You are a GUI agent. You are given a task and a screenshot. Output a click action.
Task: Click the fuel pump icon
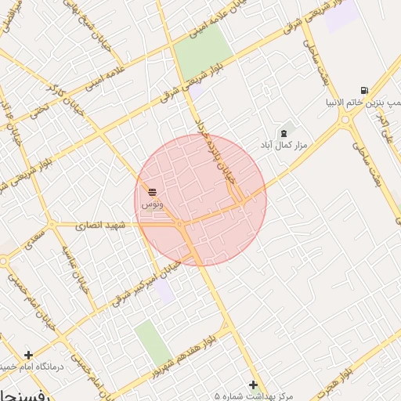[x=364, y=90]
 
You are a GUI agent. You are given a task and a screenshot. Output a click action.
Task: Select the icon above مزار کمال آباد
[x=283, y=132]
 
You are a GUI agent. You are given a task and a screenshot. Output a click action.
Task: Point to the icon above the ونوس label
[x=151, y=191]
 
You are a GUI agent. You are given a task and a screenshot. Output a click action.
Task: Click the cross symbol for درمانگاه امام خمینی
[x=28, y=355]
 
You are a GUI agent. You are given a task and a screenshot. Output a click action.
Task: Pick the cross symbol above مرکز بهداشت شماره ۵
[x=252, y=385]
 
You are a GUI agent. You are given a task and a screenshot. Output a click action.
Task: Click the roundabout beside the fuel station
[x=345, y=121]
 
